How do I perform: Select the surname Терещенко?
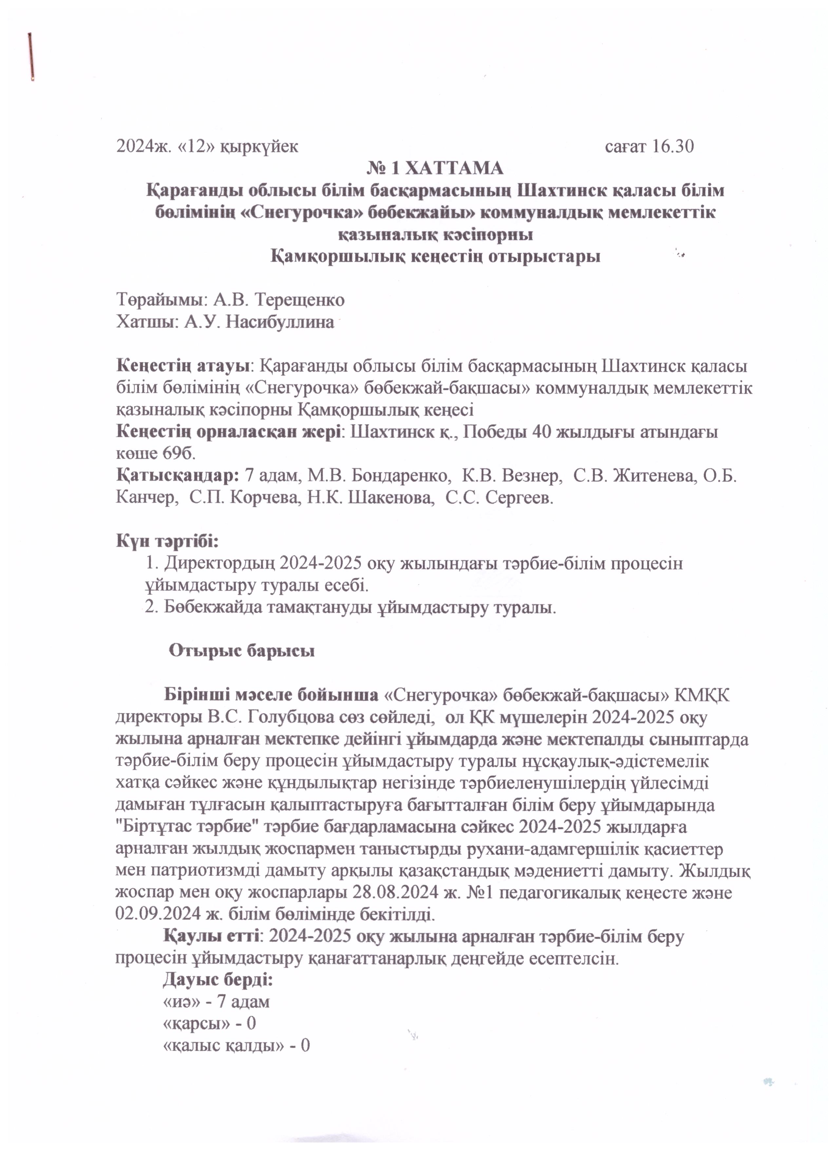(x=299, y=300)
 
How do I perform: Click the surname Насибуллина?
(x=280, y=322)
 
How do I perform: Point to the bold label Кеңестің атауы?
(x=184, y=366)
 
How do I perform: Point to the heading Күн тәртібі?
(x=167, y=541)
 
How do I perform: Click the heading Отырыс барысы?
(x=241, y=651)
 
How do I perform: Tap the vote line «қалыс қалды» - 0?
(x=236, y=1045)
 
